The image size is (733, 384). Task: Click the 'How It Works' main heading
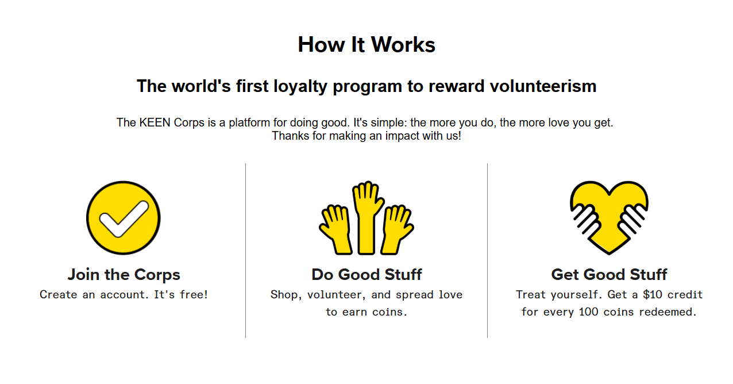[366, 44]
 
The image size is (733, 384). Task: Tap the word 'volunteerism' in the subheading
[543, 86]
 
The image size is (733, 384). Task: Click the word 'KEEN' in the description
[155, 122]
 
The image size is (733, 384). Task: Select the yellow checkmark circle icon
[124, 218]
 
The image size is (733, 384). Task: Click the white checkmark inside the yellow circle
[124, 218]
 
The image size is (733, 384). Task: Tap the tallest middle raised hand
[367, 218]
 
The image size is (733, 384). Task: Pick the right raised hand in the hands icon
[396, 229]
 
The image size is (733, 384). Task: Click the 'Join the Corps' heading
[124, 275]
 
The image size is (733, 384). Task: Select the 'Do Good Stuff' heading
[366, 274]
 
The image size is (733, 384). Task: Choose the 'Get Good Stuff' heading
[609, 274]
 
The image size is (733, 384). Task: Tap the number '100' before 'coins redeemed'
[588, 312]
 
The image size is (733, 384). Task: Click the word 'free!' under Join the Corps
[194, 294]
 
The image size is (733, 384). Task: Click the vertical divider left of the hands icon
[245, 251]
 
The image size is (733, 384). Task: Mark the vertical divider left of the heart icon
[487, 251]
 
